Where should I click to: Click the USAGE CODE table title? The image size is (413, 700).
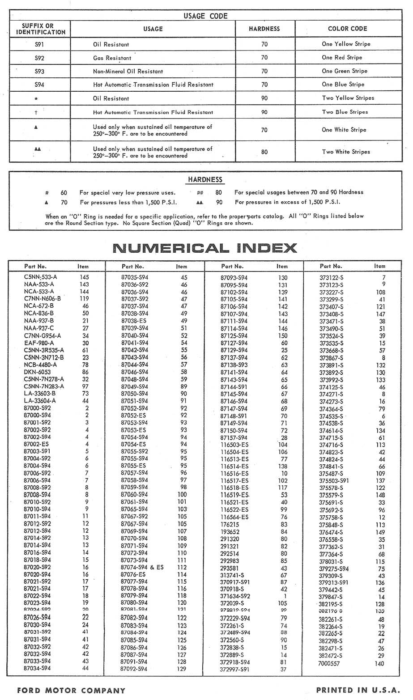tap(205, 16)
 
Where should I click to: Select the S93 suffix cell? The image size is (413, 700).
tap(39, 71)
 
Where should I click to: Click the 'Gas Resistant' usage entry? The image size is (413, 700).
tap(112, 58)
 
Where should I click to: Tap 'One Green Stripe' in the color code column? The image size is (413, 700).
tap(345, 71)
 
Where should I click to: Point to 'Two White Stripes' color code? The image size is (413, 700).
tap(346, 152)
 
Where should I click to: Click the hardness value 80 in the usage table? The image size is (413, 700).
tap(264, 152)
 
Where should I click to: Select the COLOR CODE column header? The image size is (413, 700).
tap(347, 29)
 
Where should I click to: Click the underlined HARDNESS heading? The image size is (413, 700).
tap(205, 180)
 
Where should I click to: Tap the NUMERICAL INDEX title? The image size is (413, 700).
tap(205, 248)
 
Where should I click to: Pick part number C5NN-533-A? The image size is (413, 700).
tap(41, 277)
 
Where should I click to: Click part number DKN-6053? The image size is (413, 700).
tap(37, 372)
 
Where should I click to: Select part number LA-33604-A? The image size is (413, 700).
tap(40, 401)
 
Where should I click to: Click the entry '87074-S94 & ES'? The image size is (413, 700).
tap(142, 568)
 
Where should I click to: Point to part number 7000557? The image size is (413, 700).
tap(329, 664)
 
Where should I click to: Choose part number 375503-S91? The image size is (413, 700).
tap(334, 481)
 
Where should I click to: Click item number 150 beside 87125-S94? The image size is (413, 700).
tap(283, 336)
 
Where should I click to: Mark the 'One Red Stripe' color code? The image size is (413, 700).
tap(342, 58)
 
